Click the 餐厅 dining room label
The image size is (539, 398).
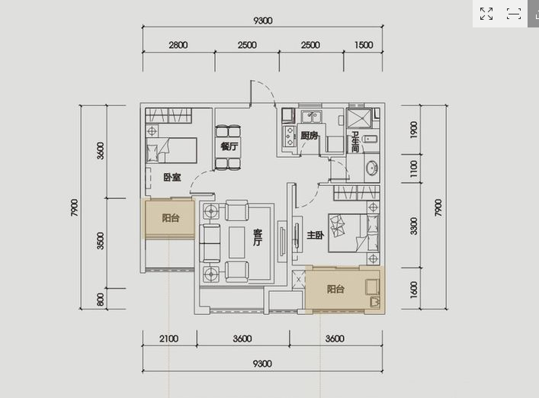click(229, 146)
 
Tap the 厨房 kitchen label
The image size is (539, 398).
click(309, 136)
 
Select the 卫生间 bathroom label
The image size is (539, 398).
click(355, 143)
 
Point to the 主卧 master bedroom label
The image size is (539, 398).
click(315, 235)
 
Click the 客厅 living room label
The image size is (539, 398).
click(258, 237)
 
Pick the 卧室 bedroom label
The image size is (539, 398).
click(172, 178)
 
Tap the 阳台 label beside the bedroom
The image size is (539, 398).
click(171, 218)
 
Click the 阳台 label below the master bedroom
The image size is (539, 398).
click(335, 289)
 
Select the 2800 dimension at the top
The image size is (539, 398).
click(178, 45)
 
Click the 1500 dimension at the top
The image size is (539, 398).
click(364, 45)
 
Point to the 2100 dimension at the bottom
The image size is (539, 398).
click(168, 339)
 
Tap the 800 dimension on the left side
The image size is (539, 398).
click(100, 299)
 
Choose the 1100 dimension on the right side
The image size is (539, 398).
click(413, 169)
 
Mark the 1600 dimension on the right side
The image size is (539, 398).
click(413, 290)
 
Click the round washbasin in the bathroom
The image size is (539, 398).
click(372, 168)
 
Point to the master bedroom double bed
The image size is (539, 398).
click(354, 233)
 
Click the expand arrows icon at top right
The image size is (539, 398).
click(486, 14)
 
